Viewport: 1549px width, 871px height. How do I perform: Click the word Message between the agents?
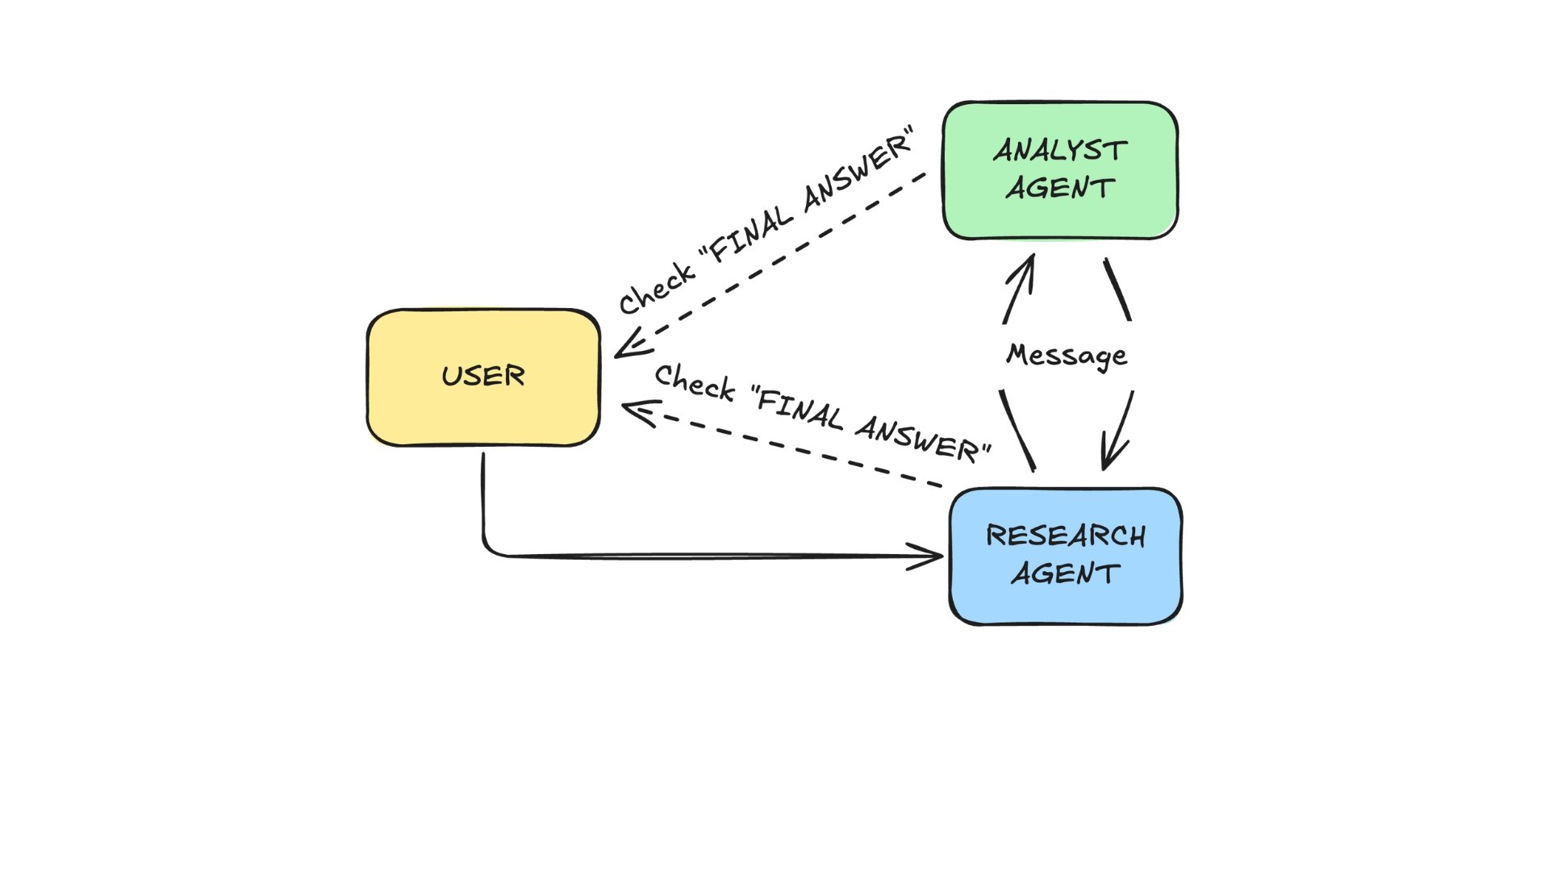(1067, 355)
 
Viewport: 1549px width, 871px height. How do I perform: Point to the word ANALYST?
(1060, 151)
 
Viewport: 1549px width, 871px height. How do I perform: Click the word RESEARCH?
(1065, 536)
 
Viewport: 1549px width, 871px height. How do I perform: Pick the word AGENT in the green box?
(1060, 188)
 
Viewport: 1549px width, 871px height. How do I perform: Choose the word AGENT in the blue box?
(1065, 573)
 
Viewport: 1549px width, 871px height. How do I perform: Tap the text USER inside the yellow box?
(483, 376)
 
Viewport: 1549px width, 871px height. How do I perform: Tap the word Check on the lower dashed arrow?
(694, 382)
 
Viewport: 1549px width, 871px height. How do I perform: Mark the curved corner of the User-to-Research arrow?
(488, 548)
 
